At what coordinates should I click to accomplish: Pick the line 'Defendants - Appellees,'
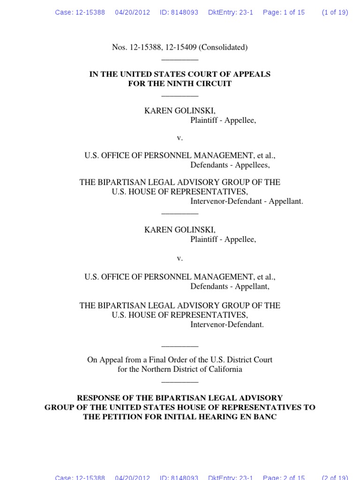coord(230,165)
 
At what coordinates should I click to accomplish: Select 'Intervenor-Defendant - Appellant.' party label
coord(247,201)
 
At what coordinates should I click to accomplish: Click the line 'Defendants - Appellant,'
coord(230,286)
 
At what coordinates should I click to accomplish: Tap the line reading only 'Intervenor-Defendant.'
coord(227,324)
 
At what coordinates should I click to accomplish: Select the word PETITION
coord(118,417)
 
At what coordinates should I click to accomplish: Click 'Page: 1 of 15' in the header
coord(284,13)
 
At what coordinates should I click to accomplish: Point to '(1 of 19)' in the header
coord(335,13)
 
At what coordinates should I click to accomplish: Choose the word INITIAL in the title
coord(167,417)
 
